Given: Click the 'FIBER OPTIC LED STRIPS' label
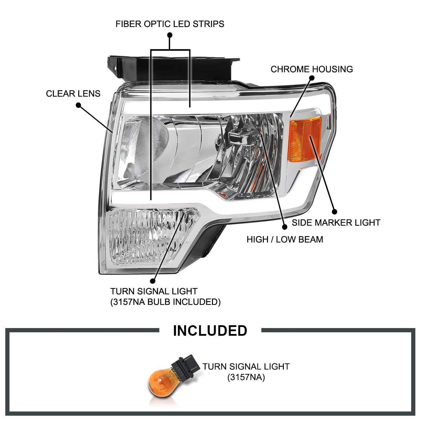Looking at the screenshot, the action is point(170,24).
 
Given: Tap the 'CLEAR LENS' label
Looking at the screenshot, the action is point(73,94).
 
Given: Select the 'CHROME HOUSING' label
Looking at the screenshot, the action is point(312,69).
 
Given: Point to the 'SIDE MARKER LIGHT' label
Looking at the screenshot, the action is point(336,223).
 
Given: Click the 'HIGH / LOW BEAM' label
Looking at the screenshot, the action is point(285,240).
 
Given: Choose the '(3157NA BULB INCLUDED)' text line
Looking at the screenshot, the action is point(165,302).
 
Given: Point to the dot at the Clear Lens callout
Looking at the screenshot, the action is point(79,105).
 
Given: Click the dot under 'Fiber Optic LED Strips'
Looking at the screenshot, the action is point(169,35).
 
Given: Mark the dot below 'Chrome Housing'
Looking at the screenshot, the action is point(312,78).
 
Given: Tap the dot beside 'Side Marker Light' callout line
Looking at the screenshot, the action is point(334,212).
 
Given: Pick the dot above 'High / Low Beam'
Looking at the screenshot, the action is point(285,227).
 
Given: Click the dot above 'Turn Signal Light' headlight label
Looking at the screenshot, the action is point(153,281).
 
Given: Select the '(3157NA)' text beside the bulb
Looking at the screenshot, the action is point(246,377).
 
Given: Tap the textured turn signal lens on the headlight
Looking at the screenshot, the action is point(153,236).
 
